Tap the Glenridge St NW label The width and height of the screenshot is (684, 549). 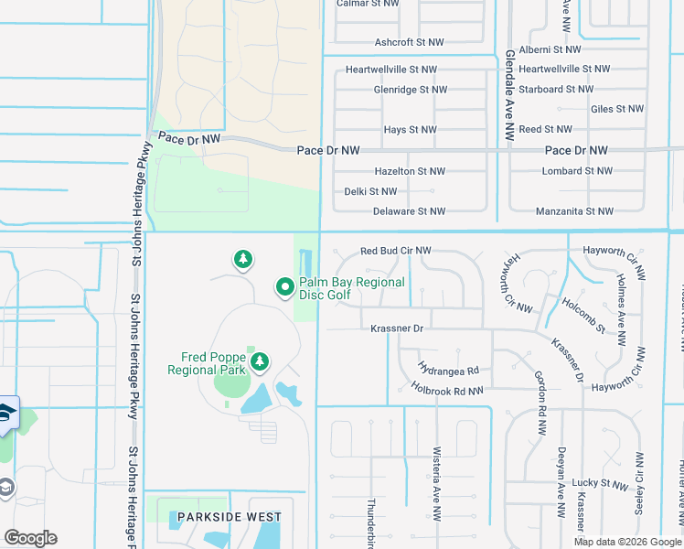[410, 90]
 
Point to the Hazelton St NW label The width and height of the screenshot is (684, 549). [410, 171]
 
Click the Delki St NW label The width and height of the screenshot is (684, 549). [370, 191]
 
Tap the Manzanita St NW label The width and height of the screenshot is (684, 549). [574, 211]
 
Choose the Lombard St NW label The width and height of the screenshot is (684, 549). [575, 171]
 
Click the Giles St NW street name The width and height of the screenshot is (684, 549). [617, 109]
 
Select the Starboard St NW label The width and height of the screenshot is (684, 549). [556, 90]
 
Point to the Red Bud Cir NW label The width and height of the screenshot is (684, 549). [395, 251]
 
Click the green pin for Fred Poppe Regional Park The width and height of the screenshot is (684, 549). [260, 362]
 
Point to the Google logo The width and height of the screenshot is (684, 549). [30, 538]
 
